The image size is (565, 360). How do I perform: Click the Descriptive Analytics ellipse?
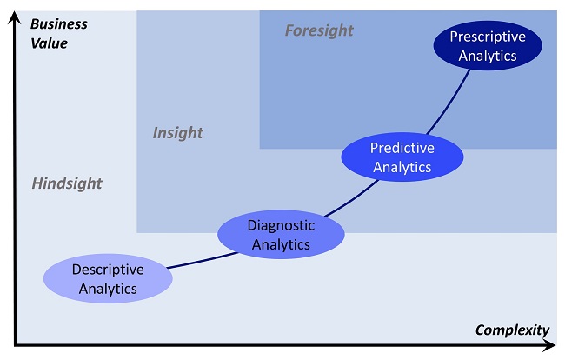tap(108, 278)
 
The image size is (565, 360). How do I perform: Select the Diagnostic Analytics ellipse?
tap(281, 234)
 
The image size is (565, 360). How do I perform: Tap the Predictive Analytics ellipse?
tap(402, 157)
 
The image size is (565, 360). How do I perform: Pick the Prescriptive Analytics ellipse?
tap(488, 45)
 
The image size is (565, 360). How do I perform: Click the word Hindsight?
tap(67, 183)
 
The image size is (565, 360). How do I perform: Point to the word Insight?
tap(177, 133)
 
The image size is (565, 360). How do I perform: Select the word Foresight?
tap(319, 30)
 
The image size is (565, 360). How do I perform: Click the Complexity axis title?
tap(512, 330)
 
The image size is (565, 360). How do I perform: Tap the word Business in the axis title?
tap(59, 24)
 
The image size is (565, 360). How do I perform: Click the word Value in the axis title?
tap(49, 43)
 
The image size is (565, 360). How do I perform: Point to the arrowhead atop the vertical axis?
tap(15, 17)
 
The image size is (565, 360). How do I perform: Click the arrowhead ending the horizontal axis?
tap(548, 346)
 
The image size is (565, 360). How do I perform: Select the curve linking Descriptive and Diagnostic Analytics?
tap(203, 261)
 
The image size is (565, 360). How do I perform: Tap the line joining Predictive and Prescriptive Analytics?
tap(449, 103)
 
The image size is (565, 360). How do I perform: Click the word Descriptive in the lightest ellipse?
tap(108, 270)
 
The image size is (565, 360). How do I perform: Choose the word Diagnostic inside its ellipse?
tap(281, 225)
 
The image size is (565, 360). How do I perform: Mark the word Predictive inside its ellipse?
tap(402, 148)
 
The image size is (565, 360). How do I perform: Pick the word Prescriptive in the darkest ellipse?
tap(488, 37)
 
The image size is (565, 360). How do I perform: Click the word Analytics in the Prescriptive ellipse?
tap(488, 56)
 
